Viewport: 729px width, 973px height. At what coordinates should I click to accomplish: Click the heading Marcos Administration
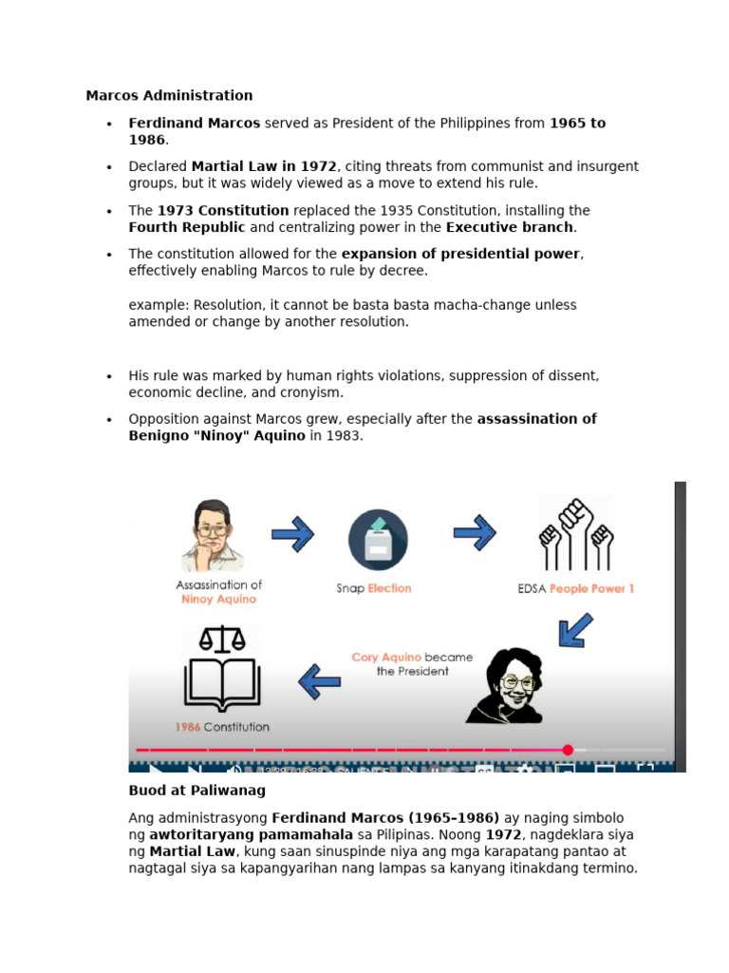169,95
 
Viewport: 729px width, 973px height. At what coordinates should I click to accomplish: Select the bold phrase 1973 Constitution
223,210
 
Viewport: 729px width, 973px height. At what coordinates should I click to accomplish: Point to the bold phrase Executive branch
510,227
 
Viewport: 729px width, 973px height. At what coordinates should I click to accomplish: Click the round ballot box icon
378,540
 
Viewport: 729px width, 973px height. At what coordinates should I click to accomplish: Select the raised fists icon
576,535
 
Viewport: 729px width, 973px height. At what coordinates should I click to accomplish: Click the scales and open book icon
220,670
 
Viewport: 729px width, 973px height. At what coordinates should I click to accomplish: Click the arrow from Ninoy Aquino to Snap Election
292,534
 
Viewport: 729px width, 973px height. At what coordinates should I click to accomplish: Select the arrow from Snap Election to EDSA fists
474,533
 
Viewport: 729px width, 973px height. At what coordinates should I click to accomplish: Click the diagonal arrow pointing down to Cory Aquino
575,630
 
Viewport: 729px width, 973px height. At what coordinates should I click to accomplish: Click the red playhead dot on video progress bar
568,750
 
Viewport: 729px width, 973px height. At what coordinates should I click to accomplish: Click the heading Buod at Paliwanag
196,791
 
